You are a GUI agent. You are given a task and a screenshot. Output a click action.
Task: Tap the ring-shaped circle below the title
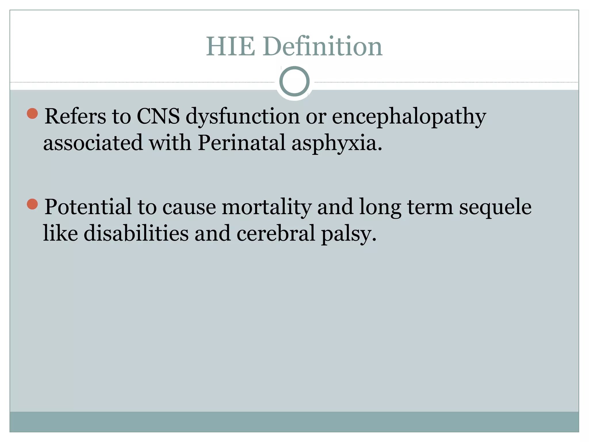(294, 81)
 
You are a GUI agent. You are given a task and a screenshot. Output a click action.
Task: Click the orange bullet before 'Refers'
(32, 113)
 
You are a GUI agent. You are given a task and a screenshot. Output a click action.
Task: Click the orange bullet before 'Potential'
(32, 204)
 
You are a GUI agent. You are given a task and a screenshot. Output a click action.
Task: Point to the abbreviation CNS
(158, 116)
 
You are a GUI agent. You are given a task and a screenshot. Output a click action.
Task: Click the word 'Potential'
(88, 207)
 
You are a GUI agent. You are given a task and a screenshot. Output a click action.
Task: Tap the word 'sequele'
(495, 207)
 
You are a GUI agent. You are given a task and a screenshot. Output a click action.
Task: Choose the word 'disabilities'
(136, 233)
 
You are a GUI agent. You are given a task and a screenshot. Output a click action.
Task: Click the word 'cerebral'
(276, 233)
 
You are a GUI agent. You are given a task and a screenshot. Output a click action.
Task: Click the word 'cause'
(189, 207)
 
